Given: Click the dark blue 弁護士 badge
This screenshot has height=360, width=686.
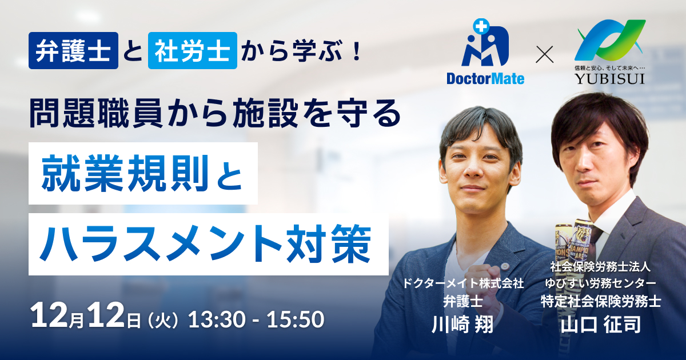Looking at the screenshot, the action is pyautogui.click(x=73, y=50).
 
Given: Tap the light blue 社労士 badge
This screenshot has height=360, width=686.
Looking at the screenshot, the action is pyautogui.click(x=192, y=50).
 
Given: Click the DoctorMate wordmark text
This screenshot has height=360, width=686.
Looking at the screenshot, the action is pyautogui.click(x=485, y=79).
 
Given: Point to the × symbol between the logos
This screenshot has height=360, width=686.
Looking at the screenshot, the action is pyautogui.click(x=544, y=54).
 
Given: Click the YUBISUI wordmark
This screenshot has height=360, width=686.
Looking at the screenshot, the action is pyautogui.click(x=610, y=79).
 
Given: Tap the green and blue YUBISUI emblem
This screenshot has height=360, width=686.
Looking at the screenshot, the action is pyautogui.click(x=610, y=41).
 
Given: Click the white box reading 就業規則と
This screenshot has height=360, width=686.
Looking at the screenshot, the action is pyautogui.click(x=143, y=173).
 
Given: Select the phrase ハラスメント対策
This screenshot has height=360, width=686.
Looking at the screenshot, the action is pyautogui.click(x=206, y=244).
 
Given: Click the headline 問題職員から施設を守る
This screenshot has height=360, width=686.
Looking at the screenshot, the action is pyautogui.click(x=215, y=113).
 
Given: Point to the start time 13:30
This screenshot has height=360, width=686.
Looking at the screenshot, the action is pyautogui.click(x=217, y=319).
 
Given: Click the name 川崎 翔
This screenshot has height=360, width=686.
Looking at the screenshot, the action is pyautogui.click(x=462, y=324).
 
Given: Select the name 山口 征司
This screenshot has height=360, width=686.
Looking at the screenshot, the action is pyautogui.click(x=601, y=324).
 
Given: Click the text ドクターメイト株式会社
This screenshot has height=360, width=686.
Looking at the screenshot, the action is pyautogui.click(x=462, y=284).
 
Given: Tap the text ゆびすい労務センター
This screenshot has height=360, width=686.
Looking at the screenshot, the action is pyautogui.click(x=601, y=283).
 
